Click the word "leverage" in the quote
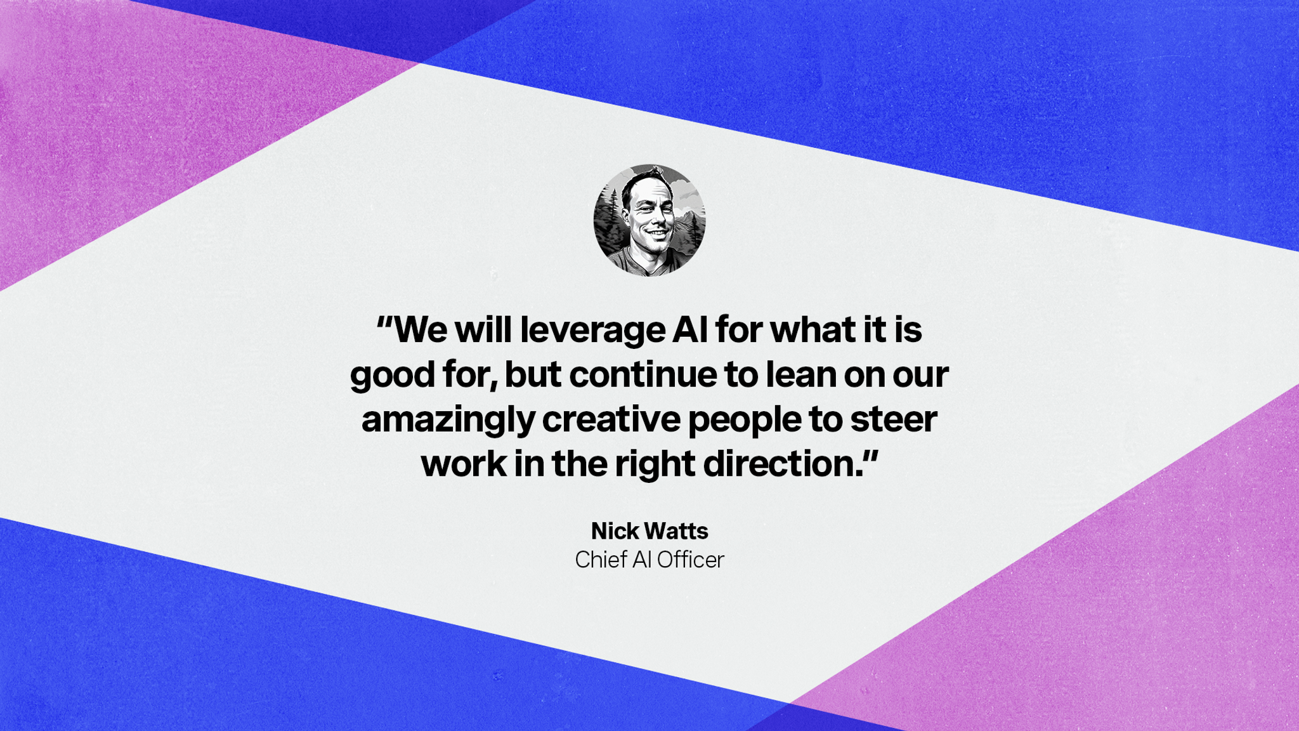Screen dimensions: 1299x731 pos(592,331)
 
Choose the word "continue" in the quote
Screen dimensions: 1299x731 pos(643,375)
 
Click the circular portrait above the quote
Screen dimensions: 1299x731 pos(649,220)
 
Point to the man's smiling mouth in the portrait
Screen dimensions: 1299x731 pos(656,233)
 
